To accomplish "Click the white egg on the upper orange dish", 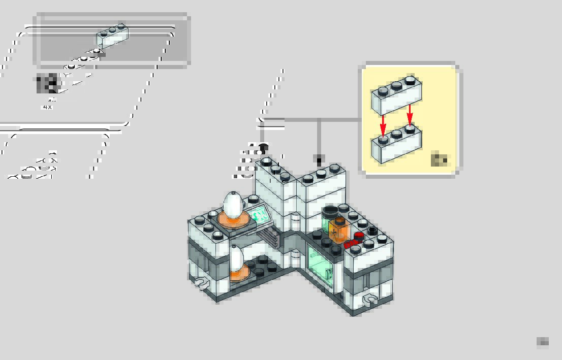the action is [233, 204].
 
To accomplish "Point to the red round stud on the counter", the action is [359, 236].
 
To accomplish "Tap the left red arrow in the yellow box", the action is [383, 122].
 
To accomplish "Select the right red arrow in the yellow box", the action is [410, 115].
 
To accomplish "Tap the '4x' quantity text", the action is [48, 107].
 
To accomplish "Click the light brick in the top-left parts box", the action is [112, 35].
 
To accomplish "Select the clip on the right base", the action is [369, 300].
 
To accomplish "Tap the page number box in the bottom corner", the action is [543, 342].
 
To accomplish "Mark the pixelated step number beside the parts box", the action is [47, 83].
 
